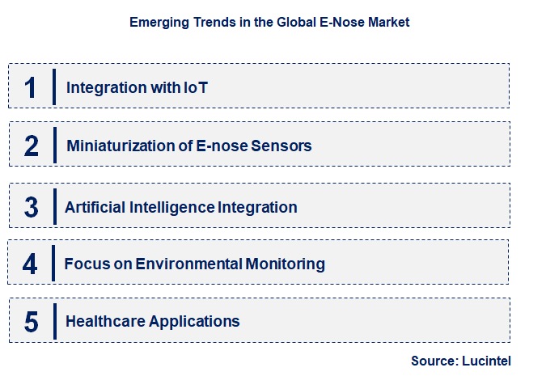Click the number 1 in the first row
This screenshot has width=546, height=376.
[31, 87]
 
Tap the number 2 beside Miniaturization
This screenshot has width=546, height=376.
[31, 146]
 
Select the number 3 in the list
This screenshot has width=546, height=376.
[31, 207]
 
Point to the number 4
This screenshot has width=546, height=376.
[31, 264]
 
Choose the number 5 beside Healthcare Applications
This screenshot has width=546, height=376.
[31, 321]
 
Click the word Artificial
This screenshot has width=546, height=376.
[95, 207]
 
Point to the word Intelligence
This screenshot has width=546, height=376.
[174, 207]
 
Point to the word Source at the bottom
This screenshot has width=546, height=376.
[433, 361]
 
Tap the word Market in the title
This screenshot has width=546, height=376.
[387, 23]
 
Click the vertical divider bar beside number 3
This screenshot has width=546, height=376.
[53, 205]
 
